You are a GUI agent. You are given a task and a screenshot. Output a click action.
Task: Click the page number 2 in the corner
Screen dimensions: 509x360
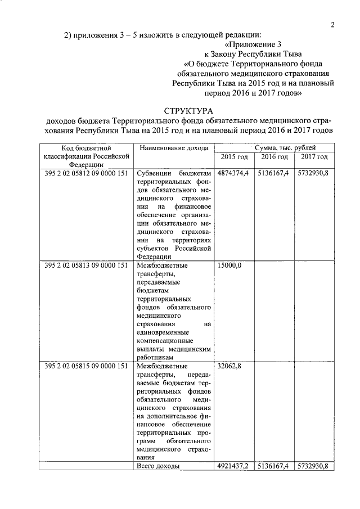333,25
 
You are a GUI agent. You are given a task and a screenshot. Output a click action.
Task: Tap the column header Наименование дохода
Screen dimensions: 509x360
174,148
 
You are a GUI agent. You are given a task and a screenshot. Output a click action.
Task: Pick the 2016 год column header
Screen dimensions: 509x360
273,157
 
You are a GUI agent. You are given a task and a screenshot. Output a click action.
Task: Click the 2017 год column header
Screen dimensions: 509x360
314,157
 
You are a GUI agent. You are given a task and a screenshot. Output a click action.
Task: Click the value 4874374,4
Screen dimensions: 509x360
233,173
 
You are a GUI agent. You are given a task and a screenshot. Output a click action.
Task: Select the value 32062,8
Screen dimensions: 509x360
229,366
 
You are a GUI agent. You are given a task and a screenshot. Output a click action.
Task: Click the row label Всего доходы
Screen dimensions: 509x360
158,467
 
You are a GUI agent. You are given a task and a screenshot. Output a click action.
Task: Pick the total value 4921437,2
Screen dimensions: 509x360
233,467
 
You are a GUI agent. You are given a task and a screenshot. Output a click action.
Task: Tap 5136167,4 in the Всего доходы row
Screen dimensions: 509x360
273,467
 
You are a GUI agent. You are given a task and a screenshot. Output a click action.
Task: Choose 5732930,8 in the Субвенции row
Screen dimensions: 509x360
313,173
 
